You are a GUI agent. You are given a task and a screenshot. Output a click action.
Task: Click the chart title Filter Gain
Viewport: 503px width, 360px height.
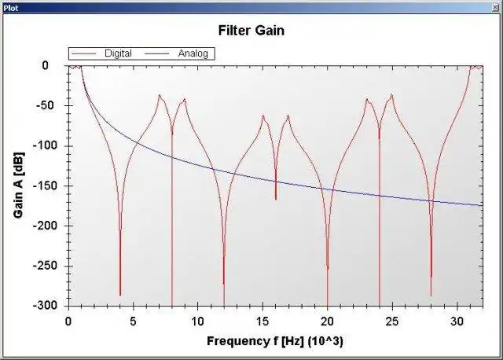pyautogui.click(x=251, y=31)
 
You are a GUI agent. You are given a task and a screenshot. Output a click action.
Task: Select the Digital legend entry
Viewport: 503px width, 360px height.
pyautogui.click(x=118, y=53)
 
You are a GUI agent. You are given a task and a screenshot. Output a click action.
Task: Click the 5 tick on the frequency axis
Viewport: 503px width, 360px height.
pyautogui.click(x=133, y=321)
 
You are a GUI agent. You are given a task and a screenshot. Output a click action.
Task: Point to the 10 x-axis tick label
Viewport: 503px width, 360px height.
pyautogui.click(x=197, y=321)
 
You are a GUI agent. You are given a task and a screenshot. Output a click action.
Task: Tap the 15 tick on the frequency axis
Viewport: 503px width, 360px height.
pyautogui.click(x=263, y=321)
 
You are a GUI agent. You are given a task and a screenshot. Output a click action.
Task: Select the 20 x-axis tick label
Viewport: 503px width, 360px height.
pyautogui.click(x=327, y=321)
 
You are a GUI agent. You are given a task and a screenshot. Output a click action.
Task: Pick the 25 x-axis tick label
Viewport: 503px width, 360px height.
pyautogui.click(x=391, y=321)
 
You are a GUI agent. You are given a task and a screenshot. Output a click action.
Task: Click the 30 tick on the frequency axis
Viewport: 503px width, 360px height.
pyautogui.click(x=457, y=321)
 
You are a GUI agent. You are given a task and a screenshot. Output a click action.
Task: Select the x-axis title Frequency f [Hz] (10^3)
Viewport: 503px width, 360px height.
pyautogui.click(x=274, y=341)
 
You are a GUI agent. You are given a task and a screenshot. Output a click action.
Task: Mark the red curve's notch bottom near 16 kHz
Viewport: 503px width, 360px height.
pyautogui.click(x=276, y=199)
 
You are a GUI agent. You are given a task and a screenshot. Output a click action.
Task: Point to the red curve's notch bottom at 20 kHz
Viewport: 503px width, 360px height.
pyautogui.click(x=328, y=268)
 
